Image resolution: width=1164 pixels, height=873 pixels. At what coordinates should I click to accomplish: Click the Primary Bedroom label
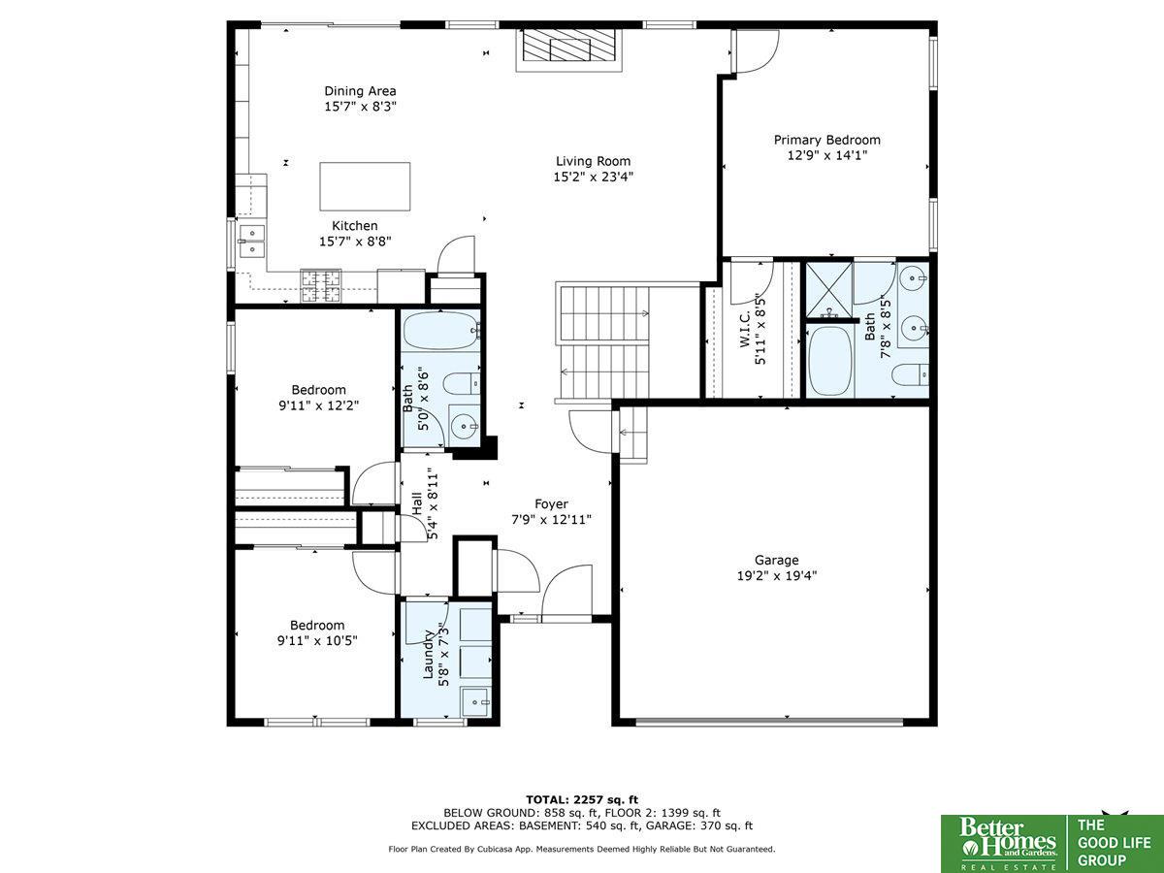(x=826, y=140)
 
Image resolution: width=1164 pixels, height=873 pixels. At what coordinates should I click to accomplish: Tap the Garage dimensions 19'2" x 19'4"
(x=777, y=575)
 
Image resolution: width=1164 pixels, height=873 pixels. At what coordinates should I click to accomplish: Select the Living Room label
(x=593, y=161)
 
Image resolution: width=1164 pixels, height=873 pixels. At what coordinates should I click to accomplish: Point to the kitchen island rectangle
(x=365, y=186)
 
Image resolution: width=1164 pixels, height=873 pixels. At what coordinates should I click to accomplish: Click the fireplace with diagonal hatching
(x=569, y=45)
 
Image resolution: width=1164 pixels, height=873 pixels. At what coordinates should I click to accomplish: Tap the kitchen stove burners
(x=321, y=286)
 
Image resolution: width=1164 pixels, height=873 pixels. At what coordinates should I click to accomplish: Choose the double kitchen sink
(x=252, y=242)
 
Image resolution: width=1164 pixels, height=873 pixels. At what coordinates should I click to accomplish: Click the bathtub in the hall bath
(x=441, y=331)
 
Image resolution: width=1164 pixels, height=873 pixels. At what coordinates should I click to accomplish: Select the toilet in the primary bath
(x=910, y=375)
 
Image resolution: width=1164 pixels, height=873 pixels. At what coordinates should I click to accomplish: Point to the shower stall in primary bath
(x=829, y=290)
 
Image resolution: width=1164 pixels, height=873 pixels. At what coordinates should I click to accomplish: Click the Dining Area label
(x=360, y=91)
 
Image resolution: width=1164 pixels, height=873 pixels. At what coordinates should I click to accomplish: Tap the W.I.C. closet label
(x=745, y=329)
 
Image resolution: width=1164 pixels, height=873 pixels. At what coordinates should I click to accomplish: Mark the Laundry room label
(x=428, y=654)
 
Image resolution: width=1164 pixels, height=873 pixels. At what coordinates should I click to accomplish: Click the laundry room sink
(x=476, y=702)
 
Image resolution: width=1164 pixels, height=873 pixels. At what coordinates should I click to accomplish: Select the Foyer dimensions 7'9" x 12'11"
(x=552, y=520)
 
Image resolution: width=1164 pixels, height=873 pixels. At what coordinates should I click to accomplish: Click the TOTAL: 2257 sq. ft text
(x=582, y=800)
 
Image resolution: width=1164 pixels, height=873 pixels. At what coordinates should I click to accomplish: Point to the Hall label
(x=417, y=503)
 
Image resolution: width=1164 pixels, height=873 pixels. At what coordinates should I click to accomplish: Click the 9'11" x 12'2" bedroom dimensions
(x=319, y=405)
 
